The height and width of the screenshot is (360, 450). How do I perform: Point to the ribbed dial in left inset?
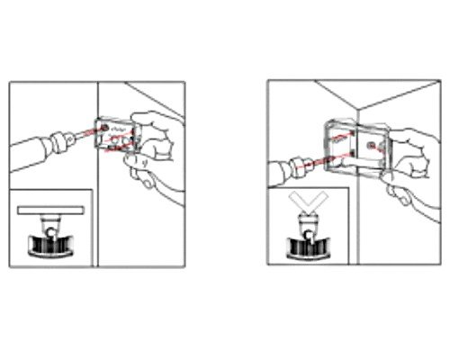[50, 244]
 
